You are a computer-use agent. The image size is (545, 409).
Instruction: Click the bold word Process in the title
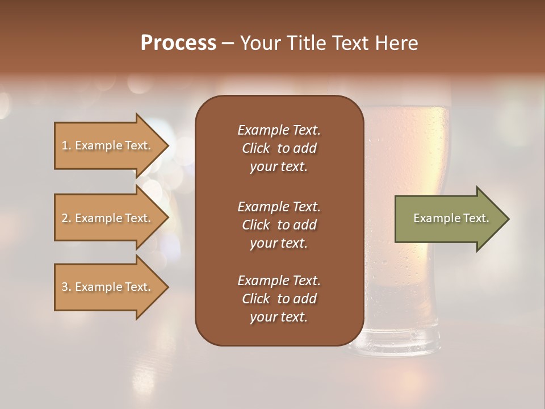coord(178,43)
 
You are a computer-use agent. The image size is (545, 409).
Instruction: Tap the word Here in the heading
coord(395,43)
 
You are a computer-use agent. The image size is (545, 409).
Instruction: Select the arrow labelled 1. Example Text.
coord(108,145)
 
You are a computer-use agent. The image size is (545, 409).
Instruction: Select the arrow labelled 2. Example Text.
coord(108,218)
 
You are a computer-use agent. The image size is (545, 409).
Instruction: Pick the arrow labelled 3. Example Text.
coord(108,287)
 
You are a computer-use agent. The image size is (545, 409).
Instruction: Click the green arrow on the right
coord(448,219)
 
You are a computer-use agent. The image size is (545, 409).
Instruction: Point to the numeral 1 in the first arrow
coord(65,145)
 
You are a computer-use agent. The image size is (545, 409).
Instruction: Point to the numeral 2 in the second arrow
coord(65,218)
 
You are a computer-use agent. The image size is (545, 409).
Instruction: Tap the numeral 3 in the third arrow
coord(65,287)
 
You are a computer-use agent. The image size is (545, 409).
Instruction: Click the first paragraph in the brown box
coord(279,148)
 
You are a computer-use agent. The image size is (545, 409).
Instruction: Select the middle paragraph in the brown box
coord(279,224)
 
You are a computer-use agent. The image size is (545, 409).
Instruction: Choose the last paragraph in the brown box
coord(279,299)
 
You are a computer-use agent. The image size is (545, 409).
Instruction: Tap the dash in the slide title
coord(228,43)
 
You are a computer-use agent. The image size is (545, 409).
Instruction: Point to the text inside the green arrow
coord(451,218)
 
